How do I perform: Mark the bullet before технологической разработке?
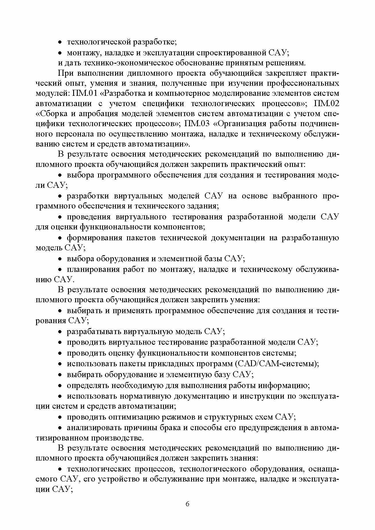point(60,42)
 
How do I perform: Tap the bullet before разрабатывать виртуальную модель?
point(60,332)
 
